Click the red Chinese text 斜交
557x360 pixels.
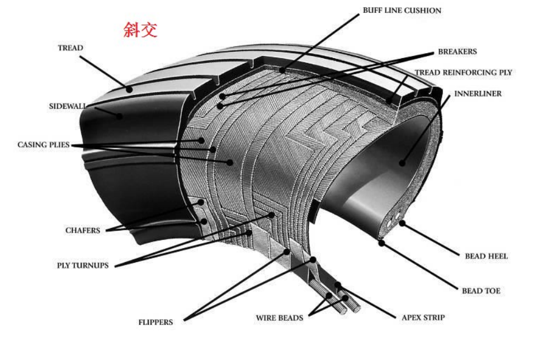coord(140,30)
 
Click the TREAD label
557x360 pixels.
coord(70,48)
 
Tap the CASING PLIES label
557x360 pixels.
coord(43,145)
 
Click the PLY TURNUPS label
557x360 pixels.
coord(83,266)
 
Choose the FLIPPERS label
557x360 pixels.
coord(155,323)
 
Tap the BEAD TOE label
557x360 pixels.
coord(481,291)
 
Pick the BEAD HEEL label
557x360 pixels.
coord(487,257)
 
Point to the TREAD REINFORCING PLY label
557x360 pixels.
coord(463,73)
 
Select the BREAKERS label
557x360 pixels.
coord(457,51)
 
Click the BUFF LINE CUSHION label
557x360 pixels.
coord(402,11)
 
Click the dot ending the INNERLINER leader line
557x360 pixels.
coord(402,163)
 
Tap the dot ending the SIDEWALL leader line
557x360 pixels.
coord(119,116)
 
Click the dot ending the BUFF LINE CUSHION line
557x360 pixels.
coord(283,71)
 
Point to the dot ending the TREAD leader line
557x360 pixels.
coord(130,88)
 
